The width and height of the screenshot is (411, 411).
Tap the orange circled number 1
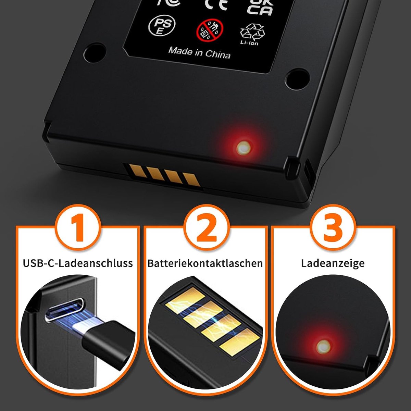[78, 229]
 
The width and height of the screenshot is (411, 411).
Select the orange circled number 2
[206, 229]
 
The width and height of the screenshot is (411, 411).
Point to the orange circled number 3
[333, 229]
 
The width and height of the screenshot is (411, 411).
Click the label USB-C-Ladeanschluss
[78, 263]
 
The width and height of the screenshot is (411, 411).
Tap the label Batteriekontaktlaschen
[205, 263]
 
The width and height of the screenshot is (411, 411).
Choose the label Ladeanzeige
[333, 263]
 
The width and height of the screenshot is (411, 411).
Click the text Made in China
[199, 53]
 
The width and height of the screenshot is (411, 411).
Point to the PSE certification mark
[162, 25]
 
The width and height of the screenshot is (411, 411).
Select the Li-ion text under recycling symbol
[249, 43]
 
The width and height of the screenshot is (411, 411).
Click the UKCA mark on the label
[260, 7]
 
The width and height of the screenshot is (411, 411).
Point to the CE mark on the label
[216, 4]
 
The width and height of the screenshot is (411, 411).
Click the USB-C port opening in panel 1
[64, 309]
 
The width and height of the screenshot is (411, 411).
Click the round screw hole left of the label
[95, 52]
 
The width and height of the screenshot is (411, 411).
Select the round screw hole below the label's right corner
[298, 79]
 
